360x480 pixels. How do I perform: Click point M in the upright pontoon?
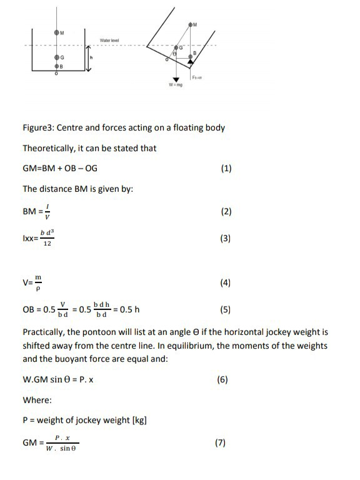57,32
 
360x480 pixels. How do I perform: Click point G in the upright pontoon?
57,57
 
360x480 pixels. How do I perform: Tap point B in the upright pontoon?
57,66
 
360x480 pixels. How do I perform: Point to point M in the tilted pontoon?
191,24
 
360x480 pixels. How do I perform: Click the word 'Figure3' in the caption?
39,128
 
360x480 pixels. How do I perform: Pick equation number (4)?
226,283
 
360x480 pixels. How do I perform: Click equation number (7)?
219,442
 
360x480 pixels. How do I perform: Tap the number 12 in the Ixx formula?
47,244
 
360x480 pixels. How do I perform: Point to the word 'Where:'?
37,399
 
